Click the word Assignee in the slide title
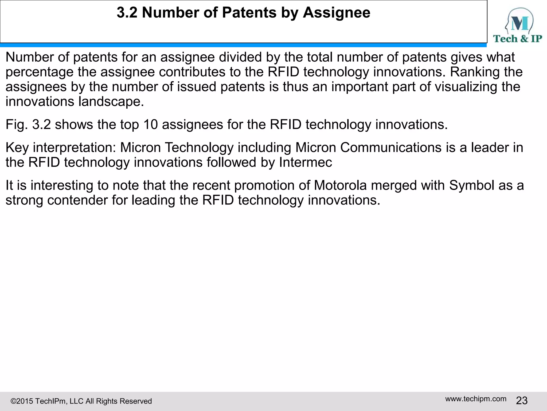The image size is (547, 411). click(337, 13)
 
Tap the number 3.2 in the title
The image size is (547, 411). click(127, 13)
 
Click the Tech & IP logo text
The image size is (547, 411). click(517, 39)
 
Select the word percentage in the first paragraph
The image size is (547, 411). click(40, 72)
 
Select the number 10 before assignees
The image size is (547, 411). click(151, 125)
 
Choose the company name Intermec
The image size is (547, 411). click(305, 162)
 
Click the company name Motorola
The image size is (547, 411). click(340, 185)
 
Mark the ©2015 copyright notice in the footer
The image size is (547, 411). click(81, 401)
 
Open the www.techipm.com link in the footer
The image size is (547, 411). click(476, 399)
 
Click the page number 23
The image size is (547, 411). click(522, 401)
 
